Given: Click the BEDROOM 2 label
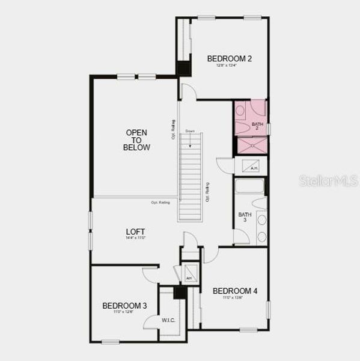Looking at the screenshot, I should pyautogui.click(x=229, y=58).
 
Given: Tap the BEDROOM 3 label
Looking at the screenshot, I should pyautogui.click(x=124, y=306).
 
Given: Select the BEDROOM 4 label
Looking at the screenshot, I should pyautogui.click(x=235, y=291).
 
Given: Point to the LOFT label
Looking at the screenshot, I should pyautogui.click(x=135, y=232).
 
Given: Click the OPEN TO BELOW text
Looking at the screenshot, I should pyautogui.click(x=136, y=140).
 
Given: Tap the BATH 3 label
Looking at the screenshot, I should pyautogui.click(x=245, y=217).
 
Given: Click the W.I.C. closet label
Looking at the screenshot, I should pyautogui.click(x=168, y=320).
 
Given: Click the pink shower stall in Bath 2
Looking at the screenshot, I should pyautogui.click(x=252, y=146).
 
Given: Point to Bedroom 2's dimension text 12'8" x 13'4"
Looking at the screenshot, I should pyautogui.click(x=227, y=66).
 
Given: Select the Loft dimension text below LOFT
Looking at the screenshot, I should pyautogui.click(x=136, y=238).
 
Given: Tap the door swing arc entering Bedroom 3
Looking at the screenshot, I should pyautogui.click(x=150, y=274).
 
